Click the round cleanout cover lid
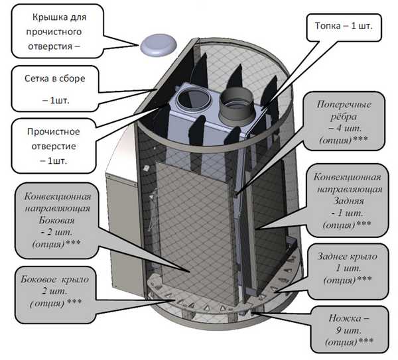159,45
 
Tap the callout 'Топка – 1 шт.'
344,27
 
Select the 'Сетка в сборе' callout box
55,89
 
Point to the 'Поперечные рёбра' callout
344,121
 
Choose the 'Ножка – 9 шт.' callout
350,330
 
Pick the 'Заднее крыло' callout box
348,271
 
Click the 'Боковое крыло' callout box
55,295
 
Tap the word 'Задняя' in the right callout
348,201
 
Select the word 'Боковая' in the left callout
56,220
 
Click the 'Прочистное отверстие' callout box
54,146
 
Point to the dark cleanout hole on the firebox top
194,100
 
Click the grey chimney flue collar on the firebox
236,107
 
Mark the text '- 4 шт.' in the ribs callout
345,128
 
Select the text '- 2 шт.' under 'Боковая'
56,232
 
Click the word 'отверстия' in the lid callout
50,46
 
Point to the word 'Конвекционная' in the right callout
347,177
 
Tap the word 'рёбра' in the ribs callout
344,117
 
